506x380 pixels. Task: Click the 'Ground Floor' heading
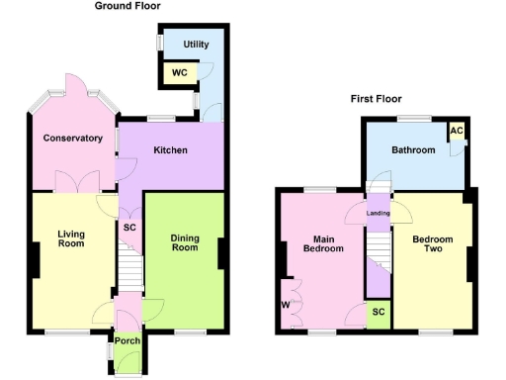pos(127,6)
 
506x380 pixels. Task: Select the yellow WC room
pos(180,72)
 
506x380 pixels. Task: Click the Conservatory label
pos(73,139)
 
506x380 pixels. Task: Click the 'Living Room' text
pos(70,239)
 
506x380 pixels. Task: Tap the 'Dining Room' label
pos(185,242)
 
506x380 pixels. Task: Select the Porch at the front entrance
pos(127,341)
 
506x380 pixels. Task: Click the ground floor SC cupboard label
pos(129,227)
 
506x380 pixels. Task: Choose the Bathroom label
pos(412,150)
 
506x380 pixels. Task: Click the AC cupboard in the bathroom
pos(456,132)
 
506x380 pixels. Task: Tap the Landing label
pos(378,213)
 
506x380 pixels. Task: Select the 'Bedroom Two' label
pos(433,243)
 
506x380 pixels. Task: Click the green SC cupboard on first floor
pos(377,312)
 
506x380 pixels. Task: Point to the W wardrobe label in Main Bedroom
pos(286,304)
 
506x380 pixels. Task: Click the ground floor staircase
pos(130,267)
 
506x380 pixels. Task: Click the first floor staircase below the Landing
pos(377,262)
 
